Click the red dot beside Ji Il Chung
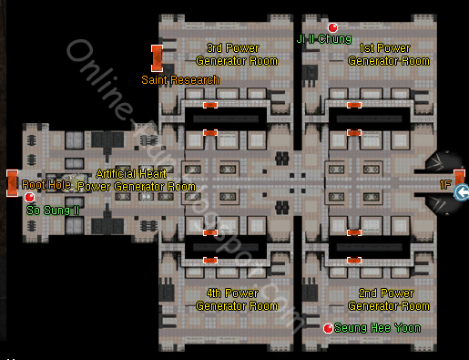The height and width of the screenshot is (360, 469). click(333, 27)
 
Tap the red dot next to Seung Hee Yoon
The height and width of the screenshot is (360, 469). click(329, 327)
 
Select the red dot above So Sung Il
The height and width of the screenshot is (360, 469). click(29, 197)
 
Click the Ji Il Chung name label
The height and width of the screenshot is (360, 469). click(324, 39)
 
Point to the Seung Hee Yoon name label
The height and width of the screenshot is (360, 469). click(377, 327)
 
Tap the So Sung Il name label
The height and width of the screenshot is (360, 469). click(52, 210)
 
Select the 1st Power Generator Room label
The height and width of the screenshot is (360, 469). click(389, 54)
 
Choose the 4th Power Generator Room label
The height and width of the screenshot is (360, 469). click(237, 300)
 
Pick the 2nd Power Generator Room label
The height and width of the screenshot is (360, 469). click(389, 300)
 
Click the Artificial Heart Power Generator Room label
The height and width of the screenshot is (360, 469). click(137, 180)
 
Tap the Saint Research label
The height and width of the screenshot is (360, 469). click(180, 80)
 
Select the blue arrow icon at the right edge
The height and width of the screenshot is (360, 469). click(462, 192)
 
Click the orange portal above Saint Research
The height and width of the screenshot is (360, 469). click(157, 57)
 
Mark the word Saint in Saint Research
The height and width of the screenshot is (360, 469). click(156, 80)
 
